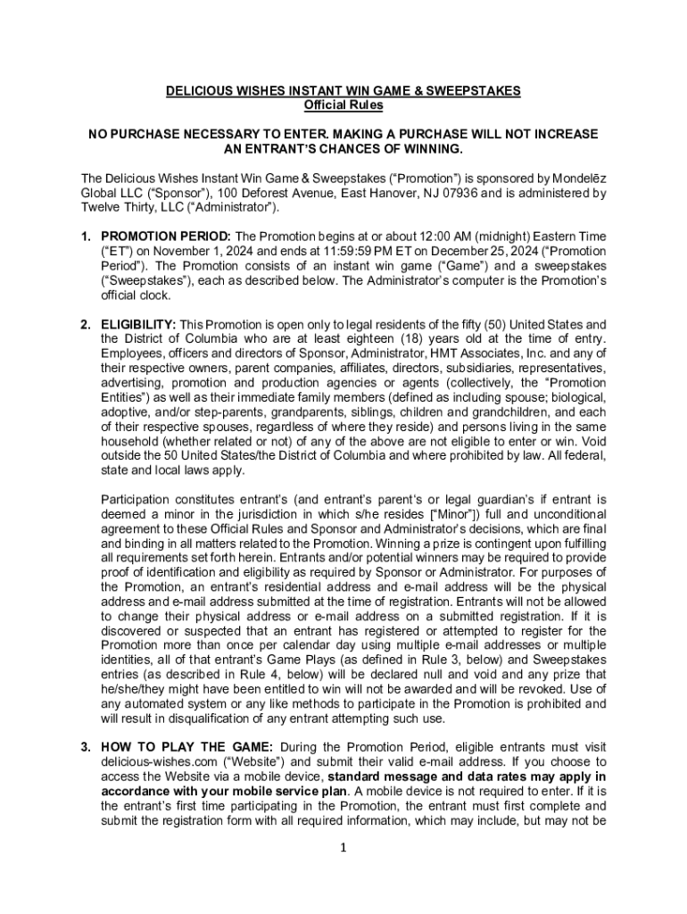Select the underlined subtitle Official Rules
343,105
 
